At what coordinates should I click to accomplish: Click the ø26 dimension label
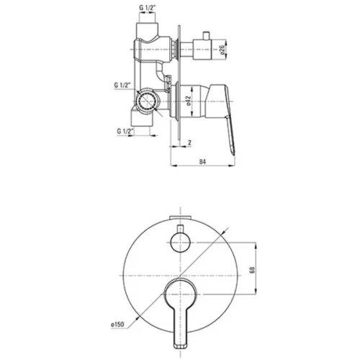point(223,50)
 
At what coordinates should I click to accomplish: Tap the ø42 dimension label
point(188,101)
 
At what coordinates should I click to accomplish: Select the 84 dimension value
point(202,161)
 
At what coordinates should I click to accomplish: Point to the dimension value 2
point(189,143)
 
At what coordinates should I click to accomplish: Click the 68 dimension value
point(252,270)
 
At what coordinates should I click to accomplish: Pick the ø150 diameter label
point(117,325)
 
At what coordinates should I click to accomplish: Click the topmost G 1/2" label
point(148,8)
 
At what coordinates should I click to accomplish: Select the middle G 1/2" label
point(122,85)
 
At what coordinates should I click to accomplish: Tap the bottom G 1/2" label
point(125,131)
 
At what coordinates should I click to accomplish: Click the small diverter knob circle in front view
point(180,243)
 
